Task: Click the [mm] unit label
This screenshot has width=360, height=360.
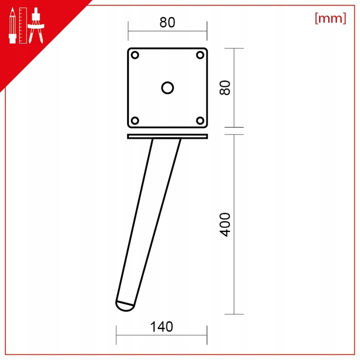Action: pyautogui.click(x=330, y=18)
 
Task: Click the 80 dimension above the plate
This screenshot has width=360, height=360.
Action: pyautogui.click(x=167, y=23)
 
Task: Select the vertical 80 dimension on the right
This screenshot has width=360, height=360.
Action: pyautogui.click(x=225, y=87)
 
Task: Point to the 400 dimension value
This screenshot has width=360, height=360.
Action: pyautogui.click(x=225, y=224)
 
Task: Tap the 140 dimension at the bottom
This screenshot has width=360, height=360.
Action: pyautogui.click(x=161, y=327)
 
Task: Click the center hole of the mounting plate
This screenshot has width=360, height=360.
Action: pyautogui.click(x=167, y=87)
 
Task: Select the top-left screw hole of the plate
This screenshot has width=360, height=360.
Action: pyautogui.click(x=134, y=55)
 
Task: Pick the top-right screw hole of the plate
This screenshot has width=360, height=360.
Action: pyautogui.click(x=200, y=55)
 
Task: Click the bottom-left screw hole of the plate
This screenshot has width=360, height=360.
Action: pyautogui.click(x=134, y=120)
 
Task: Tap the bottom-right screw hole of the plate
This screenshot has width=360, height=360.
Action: pyautogui.click(x=200, y=120)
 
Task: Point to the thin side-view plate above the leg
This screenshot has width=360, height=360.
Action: pyautogui.click(x=167, y=136)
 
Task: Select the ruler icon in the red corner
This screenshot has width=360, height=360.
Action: pyautogui.click(x=23, y=25)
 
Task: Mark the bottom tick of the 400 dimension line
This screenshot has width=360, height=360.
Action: pyautogui.click(x=234, y=314)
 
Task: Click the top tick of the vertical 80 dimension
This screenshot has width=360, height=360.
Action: pyautogui.click(x=234, y=48)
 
